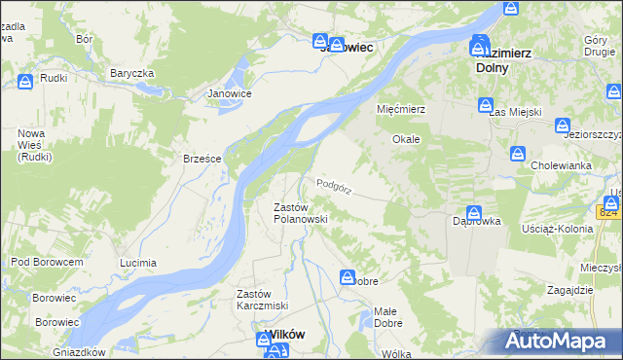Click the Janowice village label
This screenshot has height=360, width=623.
click(x=230, y=94)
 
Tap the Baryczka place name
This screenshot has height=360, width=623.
click(x=132, y=73)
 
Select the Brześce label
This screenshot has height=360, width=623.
click(x=203, y=159)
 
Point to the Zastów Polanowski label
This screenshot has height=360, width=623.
click(x=300, y=213)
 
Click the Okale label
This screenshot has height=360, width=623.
click(x=406, y=139)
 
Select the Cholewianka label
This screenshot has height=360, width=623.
click(x=562, y=165)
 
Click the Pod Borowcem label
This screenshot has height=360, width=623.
click(x=47, y=262)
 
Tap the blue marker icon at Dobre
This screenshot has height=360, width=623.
click(x=348, y=278)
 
